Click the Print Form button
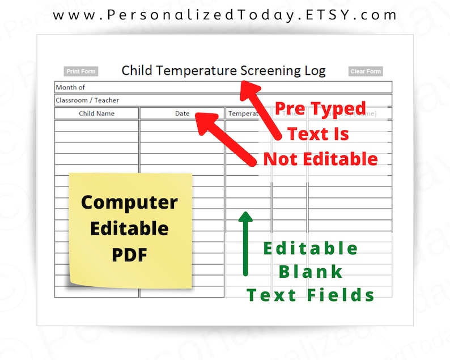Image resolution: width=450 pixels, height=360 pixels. pyautogui.click(x=80, y=71)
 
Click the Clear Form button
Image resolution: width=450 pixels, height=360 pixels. pyautogui.click(x=366, y=71)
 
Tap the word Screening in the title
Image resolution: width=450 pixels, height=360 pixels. pyautogui.click(x=266, y=71)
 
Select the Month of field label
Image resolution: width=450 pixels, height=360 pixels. pyautogui.click(x=70, y=87)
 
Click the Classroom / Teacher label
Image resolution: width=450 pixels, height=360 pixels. pyautogui.click(x=87, y=100)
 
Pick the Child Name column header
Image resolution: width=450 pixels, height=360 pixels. pyautogui.click(x=96, y=113)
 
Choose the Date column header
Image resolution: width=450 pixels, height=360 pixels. pyautogui.click(x=182, y=113)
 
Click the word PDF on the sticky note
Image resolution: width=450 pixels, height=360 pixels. pyautogui.click(x=129, y=255)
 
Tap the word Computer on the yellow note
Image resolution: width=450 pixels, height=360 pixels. pyautogui.click(x=129, y=202)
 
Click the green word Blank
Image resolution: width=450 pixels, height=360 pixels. pyautogui.click(x=311, y=272)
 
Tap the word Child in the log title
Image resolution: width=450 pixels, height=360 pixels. pyautogui.click(x=137, y=71)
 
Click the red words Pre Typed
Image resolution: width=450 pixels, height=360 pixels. pyautogui.click(x=321, y=108)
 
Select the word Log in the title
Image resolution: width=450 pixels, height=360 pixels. pyautogui.click(x=315, y=71)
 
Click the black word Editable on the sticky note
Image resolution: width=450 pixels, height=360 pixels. pyautogui.click(x=129, y=228)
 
